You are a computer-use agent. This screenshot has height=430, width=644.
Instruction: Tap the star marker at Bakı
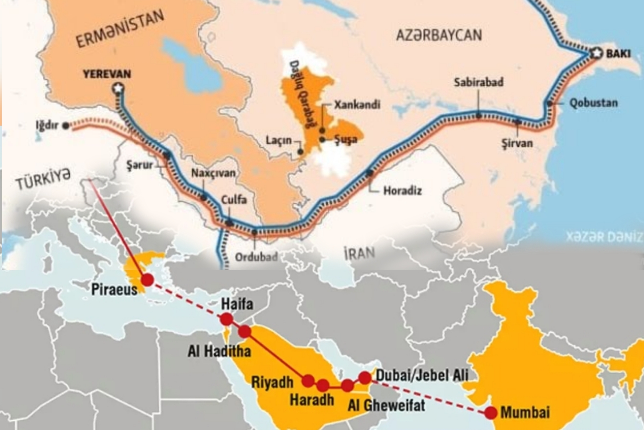[x=596, y=53]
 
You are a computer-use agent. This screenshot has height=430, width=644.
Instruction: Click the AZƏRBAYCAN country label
[x=439, y=35]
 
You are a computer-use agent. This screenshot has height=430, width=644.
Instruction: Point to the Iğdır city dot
[x=66, y=126]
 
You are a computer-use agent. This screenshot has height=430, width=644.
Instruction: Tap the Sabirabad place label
[x=479, y=82]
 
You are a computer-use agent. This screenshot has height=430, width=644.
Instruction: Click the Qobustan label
[x=593, y=103]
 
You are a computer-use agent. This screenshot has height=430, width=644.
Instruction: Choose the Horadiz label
[x=402, y=191]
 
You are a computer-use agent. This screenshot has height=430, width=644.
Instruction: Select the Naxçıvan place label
[x=213, y=173]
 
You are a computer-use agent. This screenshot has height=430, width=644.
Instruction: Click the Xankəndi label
[x=357, y=105]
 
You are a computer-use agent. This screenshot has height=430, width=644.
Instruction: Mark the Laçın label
[x=279, y=140]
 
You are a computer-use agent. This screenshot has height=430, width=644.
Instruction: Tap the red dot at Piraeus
[x=147, y=279]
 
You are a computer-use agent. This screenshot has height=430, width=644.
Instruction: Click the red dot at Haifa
[x=226, y=319]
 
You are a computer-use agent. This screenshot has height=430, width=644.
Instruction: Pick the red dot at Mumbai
[x=491, y=413]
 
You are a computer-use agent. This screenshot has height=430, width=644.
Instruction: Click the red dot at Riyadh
[x=308, y=381]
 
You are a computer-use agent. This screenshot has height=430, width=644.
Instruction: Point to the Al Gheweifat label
[x=386, y=405]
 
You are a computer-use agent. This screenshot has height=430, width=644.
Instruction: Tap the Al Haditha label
[x=219, y=351]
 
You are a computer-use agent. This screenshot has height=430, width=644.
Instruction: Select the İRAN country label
[x=359, y=253]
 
